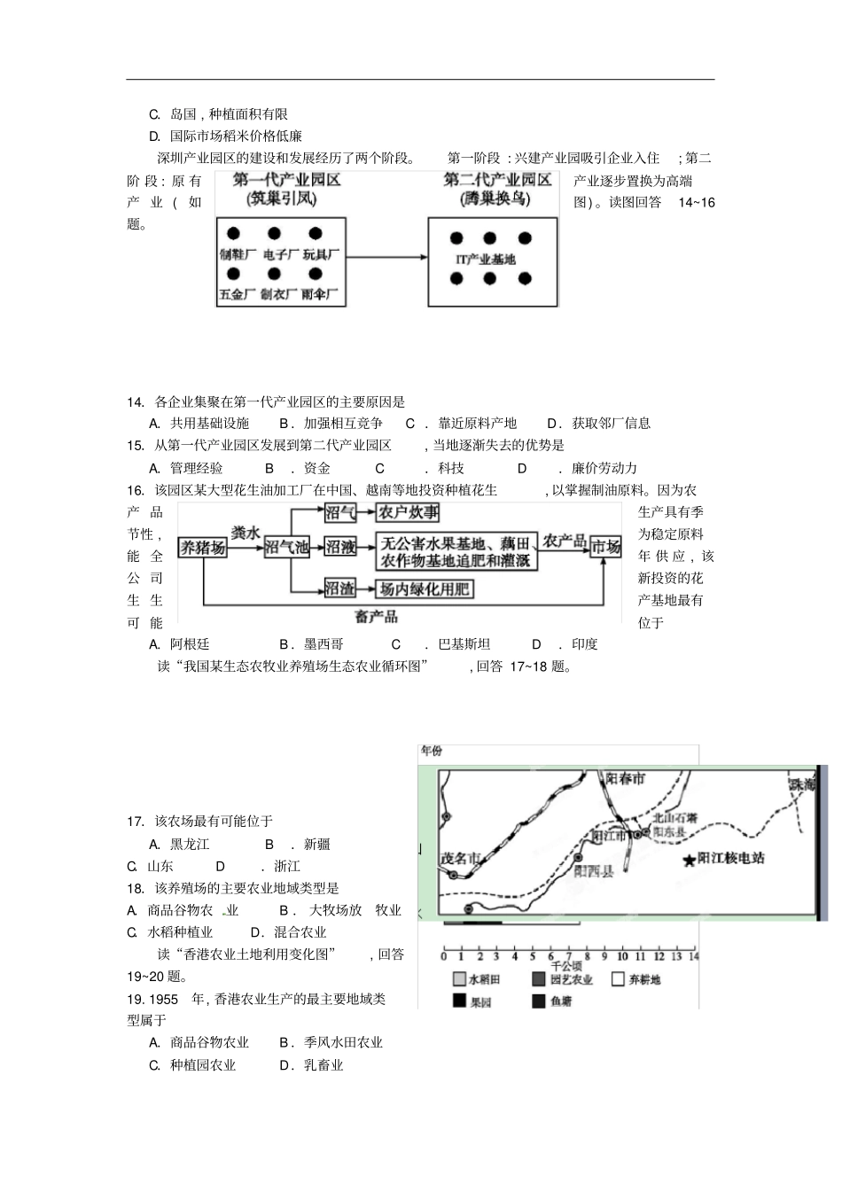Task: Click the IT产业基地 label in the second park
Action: tap(485, 259)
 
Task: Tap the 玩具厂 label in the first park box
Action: tap(321, 254)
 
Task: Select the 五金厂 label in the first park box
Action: tap(237, 294)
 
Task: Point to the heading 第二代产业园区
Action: tap(497, 180)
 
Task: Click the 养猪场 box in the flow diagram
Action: tap(203, 548)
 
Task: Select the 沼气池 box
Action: tap(286, 548)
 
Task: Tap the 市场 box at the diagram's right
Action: tap(606, 547)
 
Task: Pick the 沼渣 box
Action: tap(339, 588)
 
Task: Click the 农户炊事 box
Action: tap(409, 512)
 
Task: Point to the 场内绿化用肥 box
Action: tap(425, 588)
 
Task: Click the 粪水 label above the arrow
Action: tap(246, 532)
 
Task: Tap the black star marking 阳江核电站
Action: tap(689, 861)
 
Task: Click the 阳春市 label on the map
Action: tap(626, 779)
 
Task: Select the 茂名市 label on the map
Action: tap(460, 858)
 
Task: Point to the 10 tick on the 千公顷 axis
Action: tap(622, 956)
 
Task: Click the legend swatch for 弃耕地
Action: tap(618, 979)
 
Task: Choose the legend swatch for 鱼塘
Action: tap(538, 1001)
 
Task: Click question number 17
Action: tap(135, 822)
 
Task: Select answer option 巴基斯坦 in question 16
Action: tap(464, 644)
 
